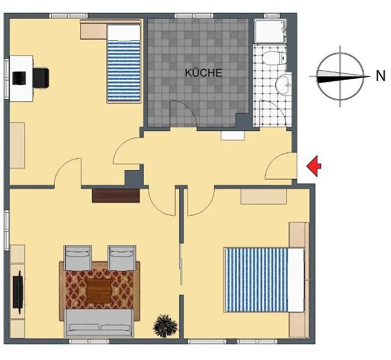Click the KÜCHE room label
tap(203, 73)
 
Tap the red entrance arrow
tap(314, 166)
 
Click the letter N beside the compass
tap(381, 76)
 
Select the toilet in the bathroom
tap(274, 58)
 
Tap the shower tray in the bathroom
tap(269, 31)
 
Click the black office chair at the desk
tap(41, 78)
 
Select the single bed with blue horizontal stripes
tap(123, 63)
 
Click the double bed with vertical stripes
tap(265, 280)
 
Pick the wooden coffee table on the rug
tap(99, 291)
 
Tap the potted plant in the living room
tap(165, 326)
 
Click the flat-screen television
tap(19, 292)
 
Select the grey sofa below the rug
tap(99, 323)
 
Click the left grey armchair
tap(77, 257)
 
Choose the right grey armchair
tap(122, 257)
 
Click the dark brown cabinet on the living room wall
tap(116, 196)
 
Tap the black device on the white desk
tap(19, 78)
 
